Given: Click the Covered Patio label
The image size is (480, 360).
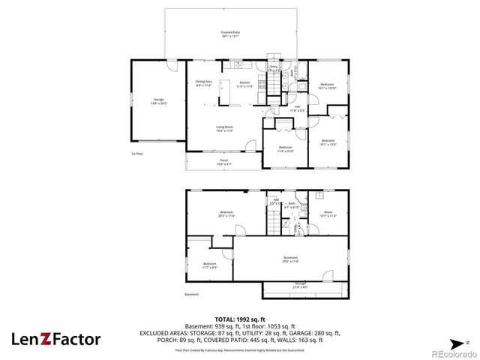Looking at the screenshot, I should click(230, 34).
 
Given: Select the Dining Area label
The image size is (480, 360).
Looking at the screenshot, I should click(203, 83).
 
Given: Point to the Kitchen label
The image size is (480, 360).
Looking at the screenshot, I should click(244, 84).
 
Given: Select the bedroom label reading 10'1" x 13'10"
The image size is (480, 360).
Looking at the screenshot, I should click(328, 85).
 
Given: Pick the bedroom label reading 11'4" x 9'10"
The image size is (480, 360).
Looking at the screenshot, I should click(285, 148).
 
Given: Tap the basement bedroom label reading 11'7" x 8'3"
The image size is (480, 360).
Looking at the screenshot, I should click(210, 265).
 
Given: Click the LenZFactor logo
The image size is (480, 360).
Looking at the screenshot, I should click(55, 339).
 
